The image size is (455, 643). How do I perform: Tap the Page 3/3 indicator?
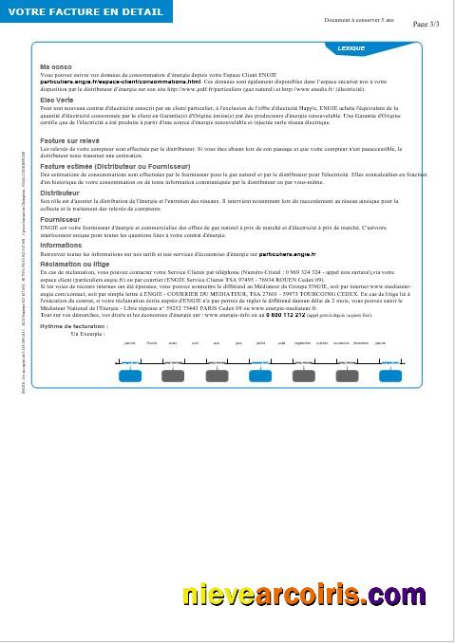point(427,24)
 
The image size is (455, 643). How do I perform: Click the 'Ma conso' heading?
point(56,66)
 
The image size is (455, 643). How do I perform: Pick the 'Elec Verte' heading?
point(57,99)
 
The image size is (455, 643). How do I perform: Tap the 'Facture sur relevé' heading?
point(69,139)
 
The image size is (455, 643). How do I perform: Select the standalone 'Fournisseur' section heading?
point(60,218)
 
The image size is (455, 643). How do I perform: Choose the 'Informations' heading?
point(61,245)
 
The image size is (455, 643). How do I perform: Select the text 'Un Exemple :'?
point(87,334)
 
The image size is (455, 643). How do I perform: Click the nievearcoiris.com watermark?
point(304,596)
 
